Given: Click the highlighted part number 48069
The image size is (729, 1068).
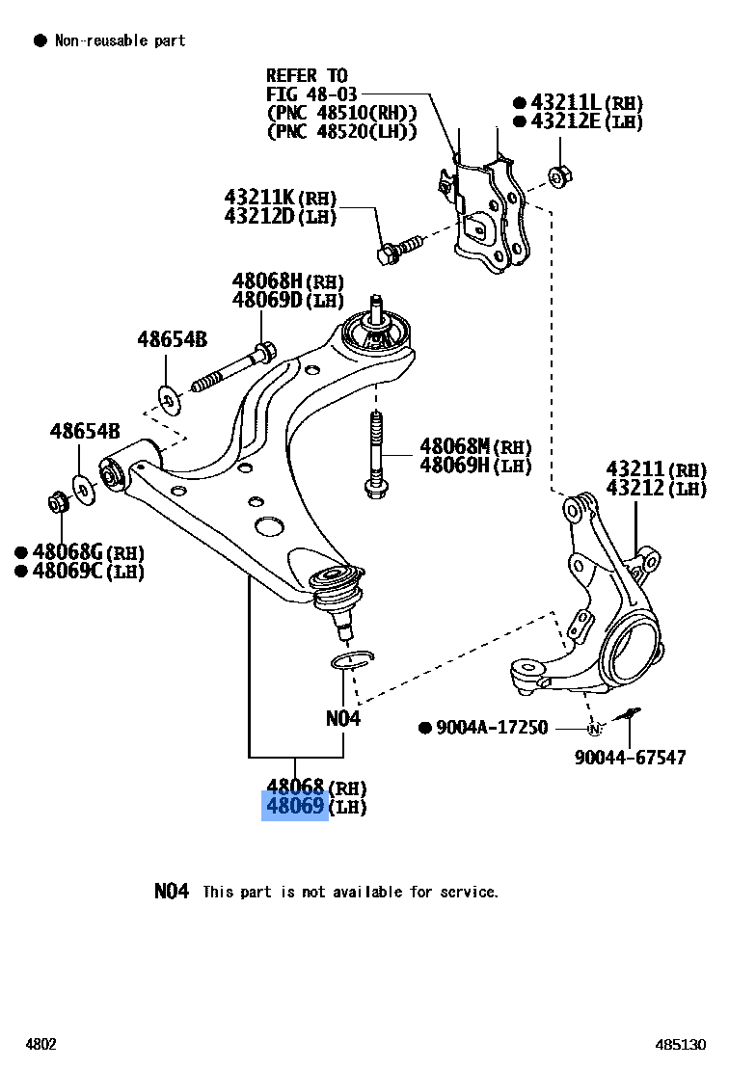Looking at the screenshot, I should [x=294, y=806].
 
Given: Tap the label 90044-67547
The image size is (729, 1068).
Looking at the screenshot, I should [x=630, y=757].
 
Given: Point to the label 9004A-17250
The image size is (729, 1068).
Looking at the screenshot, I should [x=491, y=728].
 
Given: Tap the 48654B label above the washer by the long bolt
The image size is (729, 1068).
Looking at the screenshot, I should [x=172, y=338].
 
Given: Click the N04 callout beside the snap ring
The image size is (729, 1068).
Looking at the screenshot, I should [x=343, y=718].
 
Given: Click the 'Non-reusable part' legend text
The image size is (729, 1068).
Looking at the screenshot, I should [x=120, y=40].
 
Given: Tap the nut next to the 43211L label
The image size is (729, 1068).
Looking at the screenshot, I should [x=557, y=177].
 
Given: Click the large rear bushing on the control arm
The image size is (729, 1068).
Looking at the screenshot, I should [x=377, y=338].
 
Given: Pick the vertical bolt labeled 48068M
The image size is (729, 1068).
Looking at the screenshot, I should [x=375, y=453].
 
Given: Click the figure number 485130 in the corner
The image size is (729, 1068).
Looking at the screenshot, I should [x=681, y=1045].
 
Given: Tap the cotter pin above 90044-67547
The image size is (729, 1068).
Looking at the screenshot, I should [x=630, y=714].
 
